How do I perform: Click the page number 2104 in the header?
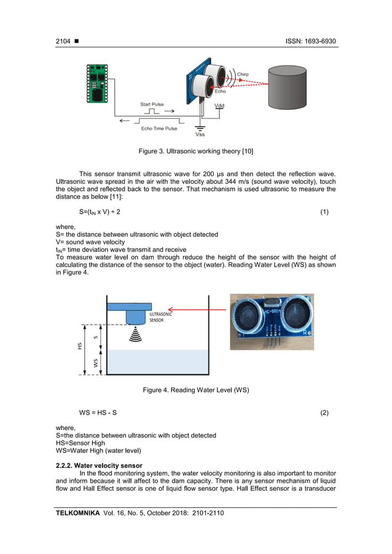63,41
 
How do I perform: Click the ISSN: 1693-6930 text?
310,41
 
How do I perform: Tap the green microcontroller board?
96,84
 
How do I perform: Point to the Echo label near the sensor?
220,91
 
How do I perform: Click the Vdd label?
219,106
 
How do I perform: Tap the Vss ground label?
200,134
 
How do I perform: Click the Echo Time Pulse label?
159,128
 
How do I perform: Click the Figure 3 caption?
196,150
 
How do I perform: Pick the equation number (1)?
324,212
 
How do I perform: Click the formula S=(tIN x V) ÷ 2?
100,212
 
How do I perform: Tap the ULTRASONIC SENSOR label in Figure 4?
160,316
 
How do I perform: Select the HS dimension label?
79,346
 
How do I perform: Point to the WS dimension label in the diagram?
96,363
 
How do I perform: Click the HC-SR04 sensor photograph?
272,322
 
